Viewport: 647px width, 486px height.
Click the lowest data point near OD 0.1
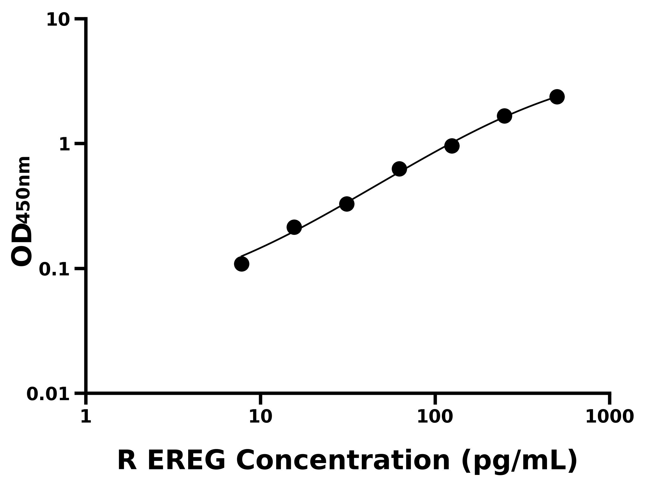pyautogui.click(x=242, y=264)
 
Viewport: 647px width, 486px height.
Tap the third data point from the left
pyautogui.click(x=347, y=204)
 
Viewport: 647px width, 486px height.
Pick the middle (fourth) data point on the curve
pyautogui.click(x=399, y=169)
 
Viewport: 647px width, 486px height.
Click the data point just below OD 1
pyautogui.click(x=452, y=146)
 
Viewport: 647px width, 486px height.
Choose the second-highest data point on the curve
pyautogui.click(x=505, y=116)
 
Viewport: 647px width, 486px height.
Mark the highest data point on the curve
pyautogui.click(x=557, y=97)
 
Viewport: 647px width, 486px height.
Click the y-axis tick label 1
pyautogui.click(x=65, y=145)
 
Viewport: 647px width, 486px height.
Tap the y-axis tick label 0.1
pyautogui.click(x=54, y=269)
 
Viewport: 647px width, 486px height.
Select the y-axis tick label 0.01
pyautogui.click(x=48, y=394)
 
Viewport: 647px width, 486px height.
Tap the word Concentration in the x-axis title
pyautogui.click(x=343, y=461)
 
